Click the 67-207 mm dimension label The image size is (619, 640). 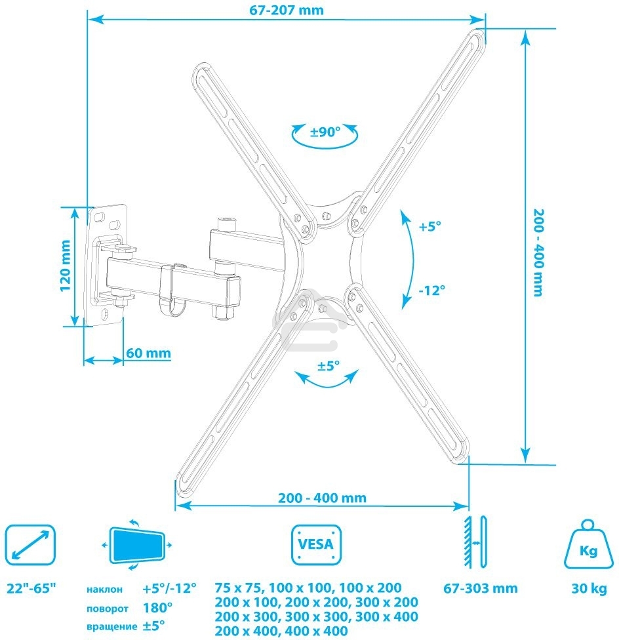[x=286, y=10]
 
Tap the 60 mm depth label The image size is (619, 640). [x=148, y=353]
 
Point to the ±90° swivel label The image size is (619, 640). [x=325, y=132]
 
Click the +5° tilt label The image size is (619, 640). [x=430, y=226]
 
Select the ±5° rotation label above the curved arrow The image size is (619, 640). [x=329, y=366]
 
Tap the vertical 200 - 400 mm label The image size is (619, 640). [x=538, y=252]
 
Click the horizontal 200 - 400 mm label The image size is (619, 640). [x=321, y=498]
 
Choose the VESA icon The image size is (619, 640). [x=316, y=544]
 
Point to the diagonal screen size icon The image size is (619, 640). [x=29, y=544]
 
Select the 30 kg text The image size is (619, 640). [x=588, y=588]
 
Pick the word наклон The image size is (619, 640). [x=104, y=590]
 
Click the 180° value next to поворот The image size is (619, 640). [x=157, y=607]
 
